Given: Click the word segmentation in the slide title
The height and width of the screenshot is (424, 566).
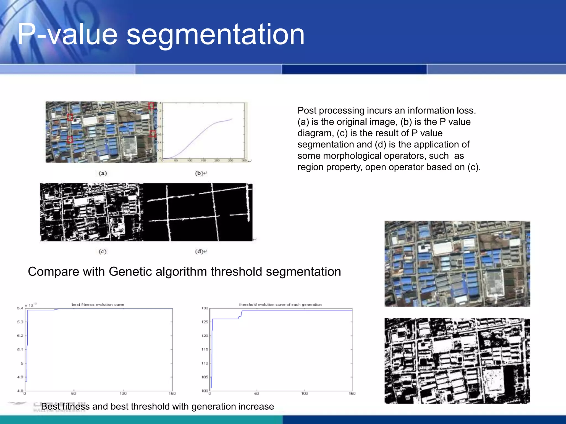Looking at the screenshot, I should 215,35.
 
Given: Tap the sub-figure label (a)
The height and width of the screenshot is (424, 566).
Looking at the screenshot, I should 103,173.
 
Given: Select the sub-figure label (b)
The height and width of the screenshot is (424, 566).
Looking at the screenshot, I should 199,173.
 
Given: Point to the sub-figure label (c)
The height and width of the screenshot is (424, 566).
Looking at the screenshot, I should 103,251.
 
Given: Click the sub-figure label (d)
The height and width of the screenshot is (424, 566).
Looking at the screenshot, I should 199,251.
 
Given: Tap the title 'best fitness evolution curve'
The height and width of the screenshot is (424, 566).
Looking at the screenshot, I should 98,304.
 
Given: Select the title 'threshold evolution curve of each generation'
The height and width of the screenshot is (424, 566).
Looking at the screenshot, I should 280,304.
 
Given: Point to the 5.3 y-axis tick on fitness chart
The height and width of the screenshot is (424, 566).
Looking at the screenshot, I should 20,322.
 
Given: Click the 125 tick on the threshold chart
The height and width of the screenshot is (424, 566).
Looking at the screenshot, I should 205,322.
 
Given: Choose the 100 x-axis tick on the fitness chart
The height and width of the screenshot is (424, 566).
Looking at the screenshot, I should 123,393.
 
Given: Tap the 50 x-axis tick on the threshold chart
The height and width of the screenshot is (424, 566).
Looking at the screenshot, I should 257,393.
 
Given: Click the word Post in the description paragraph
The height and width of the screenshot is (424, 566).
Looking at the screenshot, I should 307,110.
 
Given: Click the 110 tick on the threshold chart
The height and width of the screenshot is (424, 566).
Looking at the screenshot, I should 205,363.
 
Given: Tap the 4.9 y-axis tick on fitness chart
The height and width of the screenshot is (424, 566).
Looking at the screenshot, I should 20,377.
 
